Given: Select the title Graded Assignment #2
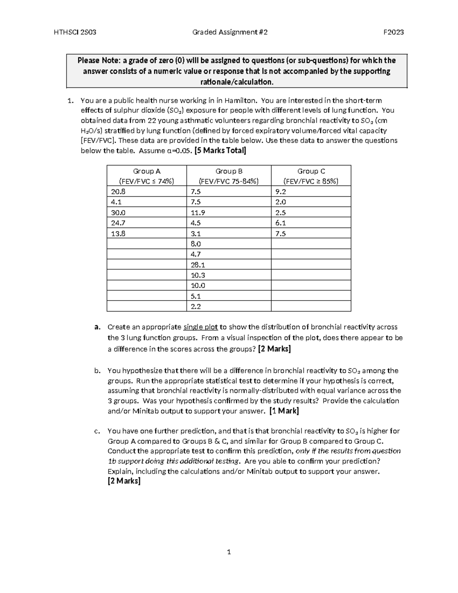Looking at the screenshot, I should (230, 32).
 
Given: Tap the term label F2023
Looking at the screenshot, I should (393, 32).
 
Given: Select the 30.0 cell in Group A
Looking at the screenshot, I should (118, 213).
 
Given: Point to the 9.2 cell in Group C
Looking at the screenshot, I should (281, 192).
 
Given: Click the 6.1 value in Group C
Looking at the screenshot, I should (281, 223).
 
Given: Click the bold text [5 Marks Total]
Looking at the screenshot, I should (220, 150).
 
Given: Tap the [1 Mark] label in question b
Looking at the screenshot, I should (284, 411).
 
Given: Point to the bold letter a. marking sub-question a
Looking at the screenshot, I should (97, 327).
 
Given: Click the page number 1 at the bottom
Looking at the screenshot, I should (229, 552).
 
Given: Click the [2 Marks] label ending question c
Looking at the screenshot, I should (124, 481).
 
